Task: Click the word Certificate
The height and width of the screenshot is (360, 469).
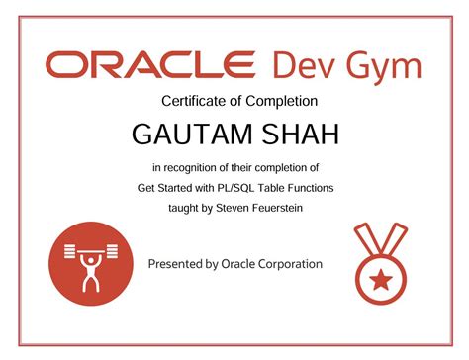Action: click(x=194, y=101)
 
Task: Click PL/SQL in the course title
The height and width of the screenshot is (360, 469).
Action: click(x=247, y=187)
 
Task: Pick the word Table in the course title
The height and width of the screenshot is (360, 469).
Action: click(x=286, y=187)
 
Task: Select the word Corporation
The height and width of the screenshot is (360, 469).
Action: click(x=287, y=264)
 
